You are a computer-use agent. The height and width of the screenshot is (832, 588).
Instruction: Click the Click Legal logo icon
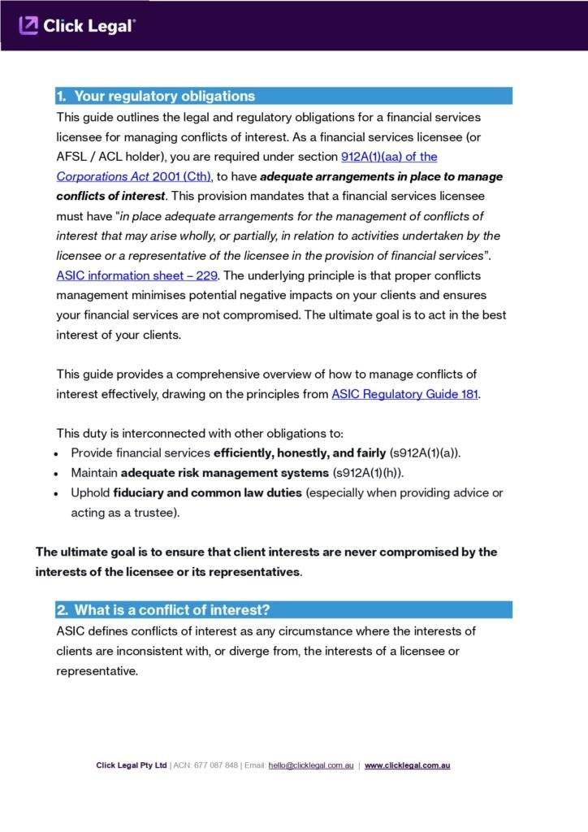28,26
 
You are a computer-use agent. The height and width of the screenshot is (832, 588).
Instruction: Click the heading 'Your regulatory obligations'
164,96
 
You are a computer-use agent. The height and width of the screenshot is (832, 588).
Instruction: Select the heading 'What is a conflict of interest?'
172,610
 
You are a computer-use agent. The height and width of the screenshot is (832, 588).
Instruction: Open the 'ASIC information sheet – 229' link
136,275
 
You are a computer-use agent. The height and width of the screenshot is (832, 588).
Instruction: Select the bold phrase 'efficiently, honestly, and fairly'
300,453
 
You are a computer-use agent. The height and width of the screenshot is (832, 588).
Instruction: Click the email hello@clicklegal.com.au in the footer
311,765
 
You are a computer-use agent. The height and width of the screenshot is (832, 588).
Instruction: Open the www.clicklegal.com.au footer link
407,765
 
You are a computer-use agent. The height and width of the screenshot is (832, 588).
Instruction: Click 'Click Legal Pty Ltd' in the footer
132,765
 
